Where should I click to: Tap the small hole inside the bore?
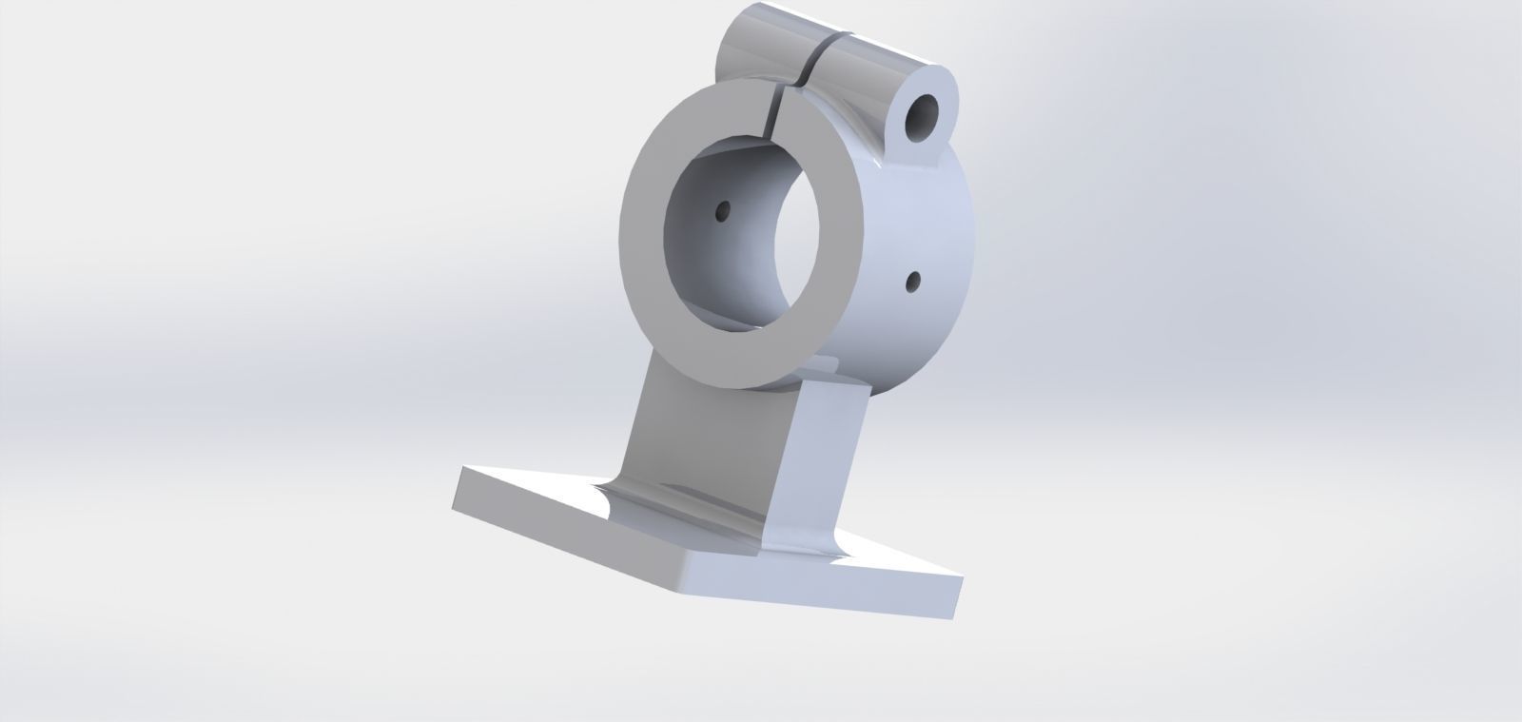pos(723,209)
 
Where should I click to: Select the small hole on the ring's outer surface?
pos(913,281)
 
